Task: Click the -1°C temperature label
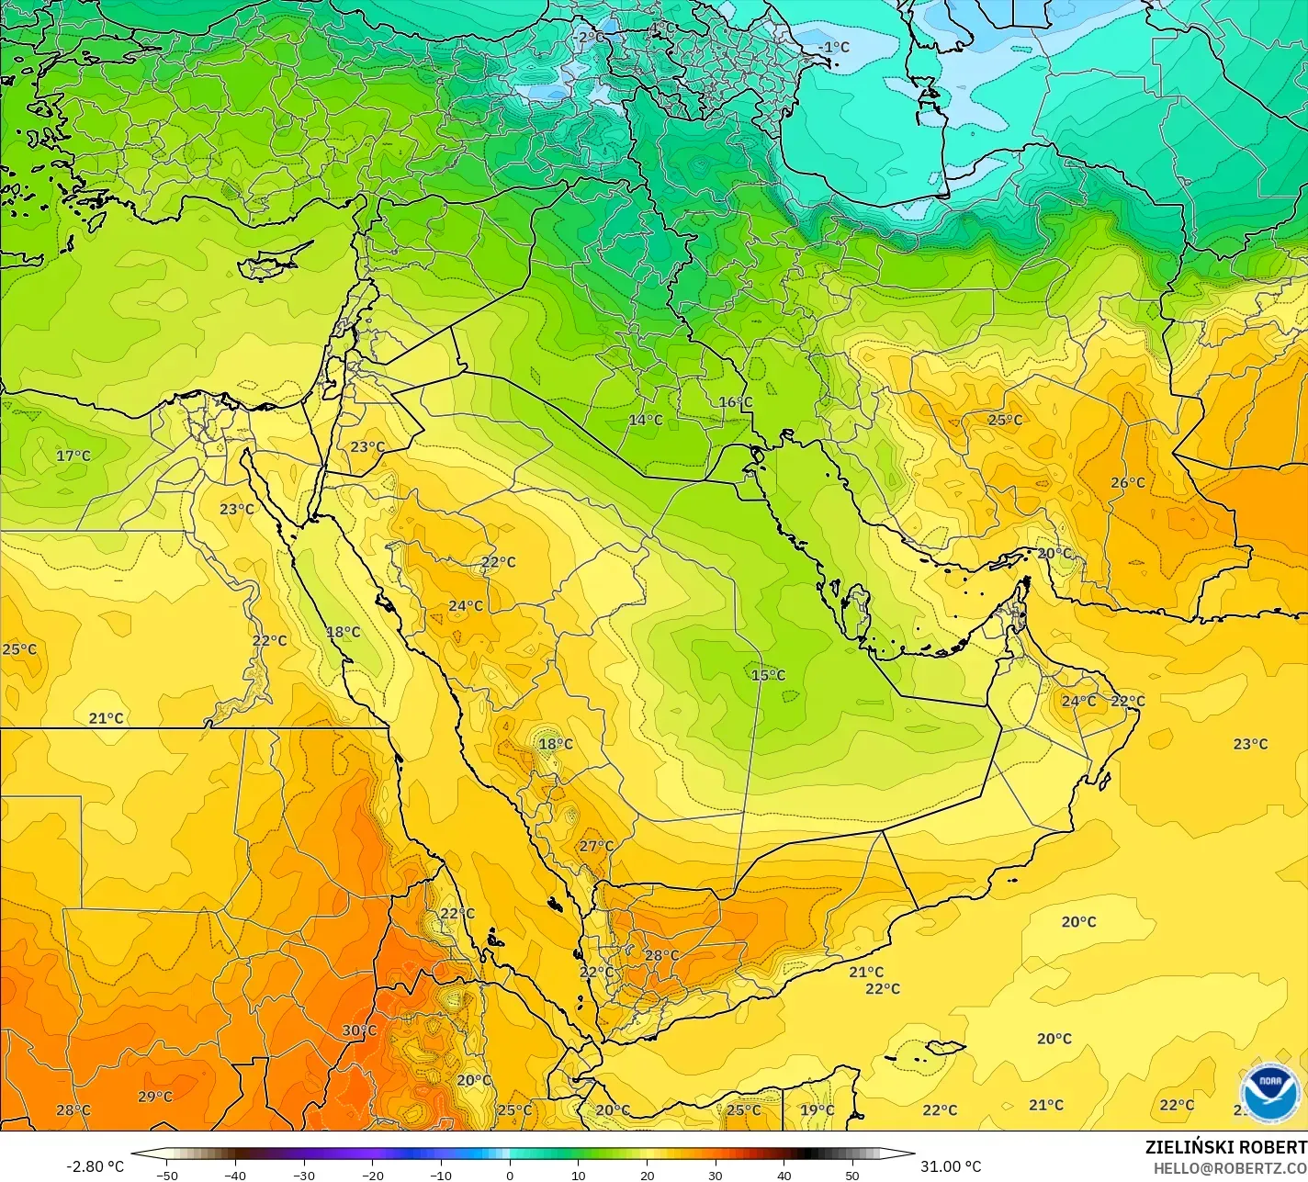pyautogui.click(x=834, y=47)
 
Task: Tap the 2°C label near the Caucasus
pyautogui.click(x=591, y=38)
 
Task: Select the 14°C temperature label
pyautogui.click(x=645, y=420)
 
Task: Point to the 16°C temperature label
pyautogui.click(x=735, y=402)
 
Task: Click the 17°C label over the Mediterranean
pyautogui.click(x=73, y=456)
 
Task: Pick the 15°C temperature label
pyautogui.click(x=768, y=675)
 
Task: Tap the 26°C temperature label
pyautogui.click(x=1127, y=483)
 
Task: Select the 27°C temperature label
pyautogui.click(x=596, y=846)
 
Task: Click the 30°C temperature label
pyautogui.click(x=359, y=1030)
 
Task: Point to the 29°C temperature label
pyautogui.click(x=154, y=1097)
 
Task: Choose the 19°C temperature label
pyautogui.click(x=817, y=1110)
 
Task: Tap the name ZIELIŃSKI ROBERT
pyautogui.click(x=1225, y=1147)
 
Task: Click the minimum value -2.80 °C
pyautogui.click(x=95, y=1166)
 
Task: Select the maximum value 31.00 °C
pyautogui.click(x=951, y=1166)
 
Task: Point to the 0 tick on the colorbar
pyautogui.click(x=510, y=1175)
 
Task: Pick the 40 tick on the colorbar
pyautogui.click(x=784, y=1175)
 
